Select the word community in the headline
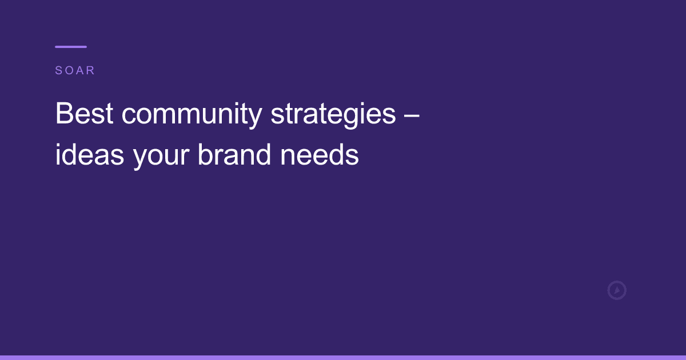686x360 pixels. pos(191,115)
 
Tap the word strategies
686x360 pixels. pos(333,115)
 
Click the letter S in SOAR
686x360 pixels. pos(58,71)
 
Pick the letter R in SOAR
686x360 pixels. pos(90,71)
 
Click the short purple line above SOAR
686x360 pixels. pos(71,47)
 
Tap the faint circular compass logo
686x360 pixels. pos(617,290)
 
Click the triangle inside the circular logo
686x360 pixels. pos(617,290)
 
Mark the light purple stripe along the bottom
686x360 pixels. pos(343,357)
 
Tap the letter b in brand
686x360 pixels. pos(204,155)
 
